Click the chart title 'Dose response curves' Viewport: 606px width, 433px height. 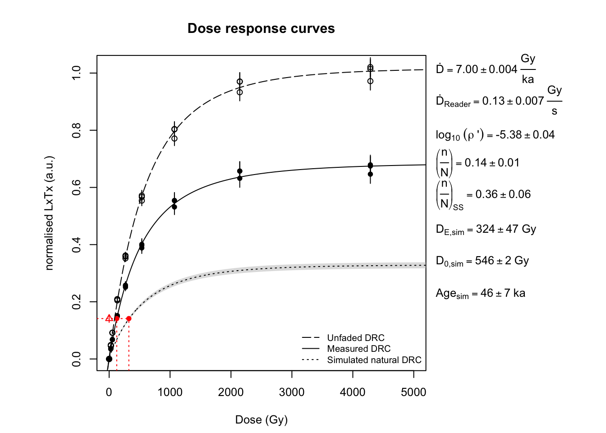click(261, 28)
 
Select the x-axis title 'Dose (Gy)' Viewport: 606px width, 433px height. click(261, 420)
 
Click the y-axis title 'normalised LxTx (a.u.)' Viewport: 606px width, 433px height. click(49, 213)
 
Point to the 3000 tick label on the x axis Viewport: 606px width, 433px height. click(292, 392)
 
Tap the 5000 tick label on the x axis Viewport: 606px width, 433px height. click(413, 392)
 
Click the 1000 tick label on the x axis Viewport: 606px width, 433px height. click(170, 392)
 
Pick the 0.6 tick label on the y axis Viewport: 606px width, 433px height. click(77, 188)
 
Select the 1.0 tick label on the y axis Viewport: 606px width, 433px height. click(77, 73)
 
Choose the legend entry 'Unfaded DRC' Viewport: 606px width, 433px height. click(356, 338)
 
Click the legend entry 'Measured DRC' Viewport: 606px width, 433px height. click(359, 349)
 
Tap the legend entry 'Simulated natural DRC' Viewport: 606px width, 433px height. click(374, 360)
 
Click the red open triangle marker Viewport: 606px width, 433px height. click(109, 318)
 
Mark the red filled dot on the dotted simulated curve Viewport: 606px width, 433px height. click(129, 319)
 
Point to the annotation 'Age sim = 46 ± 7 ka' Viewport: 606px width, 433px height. click(480, 294)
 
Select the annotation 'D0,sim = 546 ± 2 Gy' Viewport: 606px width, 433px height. click(482, 261)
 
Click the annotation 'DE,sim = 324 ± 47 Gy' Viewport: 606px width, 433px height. click(486, 230)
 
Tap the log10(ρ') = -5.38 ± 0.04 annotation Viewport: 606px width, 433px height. click(495, 135)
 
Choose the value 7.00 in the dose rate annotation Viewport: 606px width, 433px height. click(467, 69)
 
